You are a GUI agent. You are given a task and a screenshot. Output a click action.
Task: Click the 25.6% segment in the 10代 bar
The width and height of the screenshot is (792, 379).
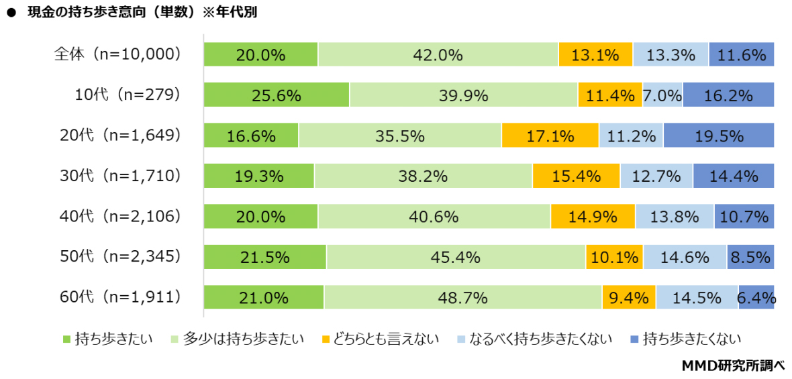tap(277, 95)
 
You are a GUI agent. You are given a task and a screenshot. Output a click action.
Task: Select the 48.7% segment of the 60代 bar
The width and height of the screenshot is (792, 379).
tap(462, 297)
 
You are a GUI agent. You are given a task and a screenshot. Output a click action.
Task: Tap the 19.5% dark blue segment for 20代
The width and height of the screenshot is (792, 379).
tap(718, 136)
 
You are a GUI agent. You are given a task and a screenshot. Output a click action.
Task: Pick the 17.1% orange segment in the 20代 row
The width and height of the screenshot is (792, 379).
tap(550, 136)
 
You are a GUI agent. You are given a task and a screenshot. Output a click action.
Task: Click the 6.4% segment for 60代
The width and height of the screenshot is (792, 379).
tap(756, 297)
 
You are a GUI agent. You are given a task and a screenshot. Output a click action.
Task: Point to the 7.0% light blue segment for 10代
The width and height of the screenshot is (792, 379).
tap(662, 95)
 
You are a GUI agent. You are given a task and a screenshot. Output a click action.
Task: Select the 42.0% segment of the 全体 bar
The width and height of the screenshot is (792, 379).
tap(438, 55)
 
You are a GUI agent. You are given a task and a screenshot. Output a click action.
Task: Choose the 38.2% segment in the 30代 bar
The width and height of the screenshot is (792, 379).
tap(423, 176)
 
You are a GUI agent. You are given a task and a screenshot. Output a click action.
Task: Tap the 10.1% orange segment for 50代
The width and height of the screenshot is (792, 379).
tap(613, 257)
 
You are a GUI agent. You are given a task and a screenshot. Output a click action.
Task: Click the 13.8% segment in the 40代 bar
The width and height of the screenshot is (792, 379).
tap(675, 217)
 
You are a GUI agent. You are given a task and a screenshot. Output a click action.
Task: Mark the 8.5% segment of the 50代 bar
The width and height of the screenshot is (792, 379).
tap(750, 257)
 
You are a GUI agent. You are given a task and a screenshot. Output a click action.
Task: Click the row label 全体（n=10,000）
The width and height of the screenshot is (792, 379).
tap(118, 54)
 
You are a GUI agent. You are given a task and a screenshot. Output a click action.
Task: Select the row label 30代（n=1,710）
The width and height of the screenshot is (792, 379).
tap(118, 176)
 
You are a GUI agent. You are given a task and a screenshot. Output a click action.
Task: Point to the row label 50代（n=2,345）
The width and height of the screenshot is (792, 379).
tap(118, 256)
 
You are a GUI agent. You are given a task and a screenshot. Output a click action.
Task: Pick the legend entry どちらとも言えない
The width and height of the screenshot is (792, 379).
tap(379, 338)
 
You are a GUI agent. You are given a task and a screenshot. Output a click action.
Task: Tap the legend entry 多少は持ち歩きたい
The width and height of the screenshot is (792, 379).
tap(238, 338)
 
